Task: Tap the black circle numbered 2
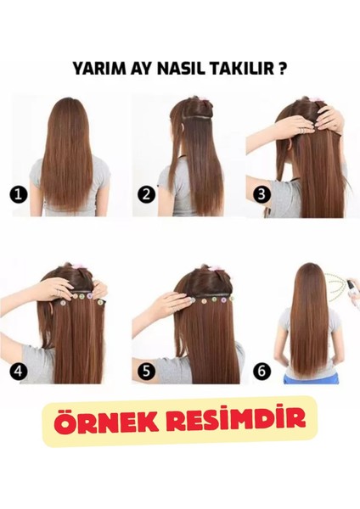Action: point(146,194)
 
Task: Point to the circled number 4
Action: point(17,370)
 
